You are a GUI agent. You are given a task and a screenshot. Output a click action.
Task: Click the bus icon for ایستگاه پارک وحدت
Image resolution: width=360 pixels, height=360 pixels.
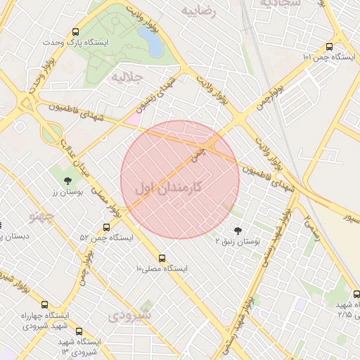click(x=75, y=32)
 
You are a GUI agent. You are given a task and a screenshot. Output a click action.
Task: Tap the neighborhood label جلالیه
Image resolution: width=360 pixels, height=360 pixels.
click(x=127, y=76)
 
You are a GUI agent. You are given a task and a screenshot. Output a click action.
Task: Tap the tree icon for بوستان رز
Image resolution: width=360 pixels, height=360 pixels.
click(x=67, y=180)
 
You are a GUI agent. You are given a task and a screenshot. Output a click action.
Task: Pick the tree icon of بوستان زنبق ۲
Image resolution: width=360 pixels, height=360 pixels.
click(x=236, y=230)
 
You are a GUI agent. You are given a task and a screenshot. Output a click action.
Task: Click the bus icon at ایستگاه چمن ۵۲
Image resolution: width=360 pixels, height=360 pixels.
click(x=106, y=227)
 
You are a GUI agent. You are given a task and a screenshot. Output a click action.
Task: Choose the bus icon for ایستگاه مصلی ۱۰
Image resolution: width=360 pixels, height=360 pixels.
click(x=162, y=258)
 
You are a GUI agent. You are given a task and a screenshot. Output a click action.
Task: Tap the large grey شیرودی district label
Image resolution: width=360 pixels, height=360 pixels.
click(x=131, y=316)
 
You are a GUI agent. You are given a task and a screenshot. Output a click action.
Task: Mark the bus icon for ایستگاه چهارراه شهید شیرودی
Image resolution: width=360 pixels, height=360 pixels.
click(x=45, y=305)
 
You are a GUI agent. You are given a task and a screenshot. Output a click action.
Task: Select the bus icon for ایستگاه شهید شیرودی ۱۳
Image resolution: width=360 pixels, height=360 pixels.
click(x=78, y=330)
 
